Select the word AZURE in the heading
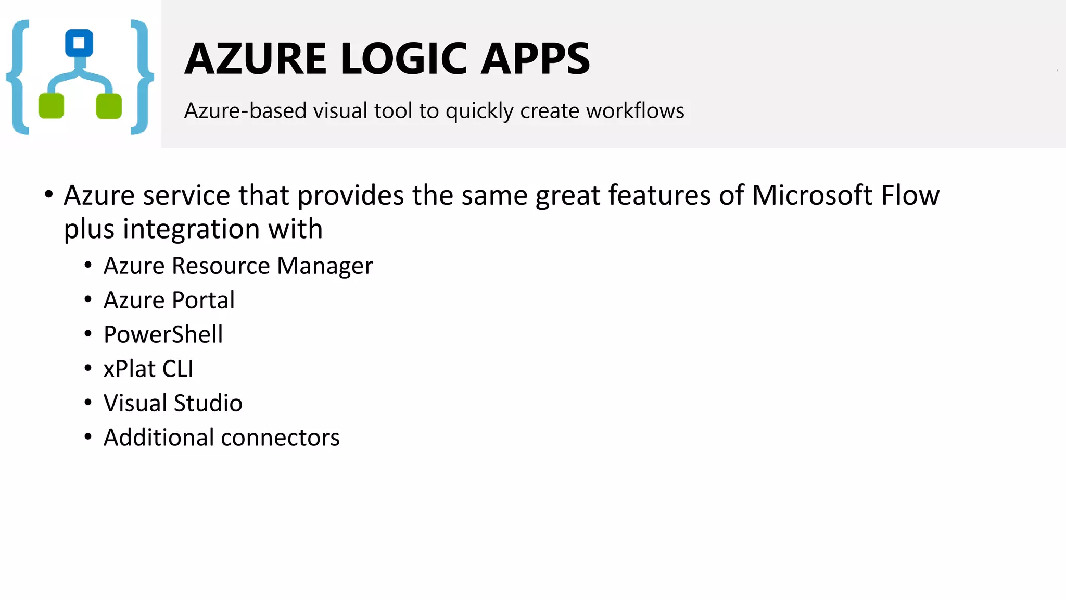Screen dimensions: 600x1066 pyautogui.click(x=255, y=58)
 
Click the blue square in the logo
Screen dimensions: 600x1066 pyautogui.click(x=79, y=43)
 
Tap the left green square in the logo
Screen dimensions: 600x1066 pyautogui.click(x=52, y=106)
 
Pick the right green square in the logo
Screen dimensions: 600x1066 pyautogui.click(x=109, y=106)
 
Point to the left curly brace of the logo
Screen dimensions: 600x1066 pyautogui.click(x=18, y=77)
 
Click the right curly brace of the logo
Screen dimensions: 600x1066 pyautogui.click(x=142, y=77)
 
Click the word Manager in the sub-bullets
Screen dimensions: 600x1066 pyautogui.click(x=325, y=266)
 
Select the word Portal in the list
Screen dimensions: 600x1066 pyautogui.click(x=203, y=300)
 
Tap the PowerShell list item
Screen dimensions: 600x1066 pyautogui.click(x=163, y=334)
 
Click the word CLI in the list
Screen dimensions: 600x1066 pyautogui.click(x=177, y=369)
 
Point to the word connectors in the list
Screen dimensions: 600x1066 pyautogui.click(x=280, y=438)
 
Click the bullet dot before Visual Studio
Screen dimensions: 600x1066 pyautogui.click(x=88, y=403)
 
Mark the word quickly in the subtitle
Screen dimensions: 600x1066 pyautogui.click(x=479, y=111)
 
